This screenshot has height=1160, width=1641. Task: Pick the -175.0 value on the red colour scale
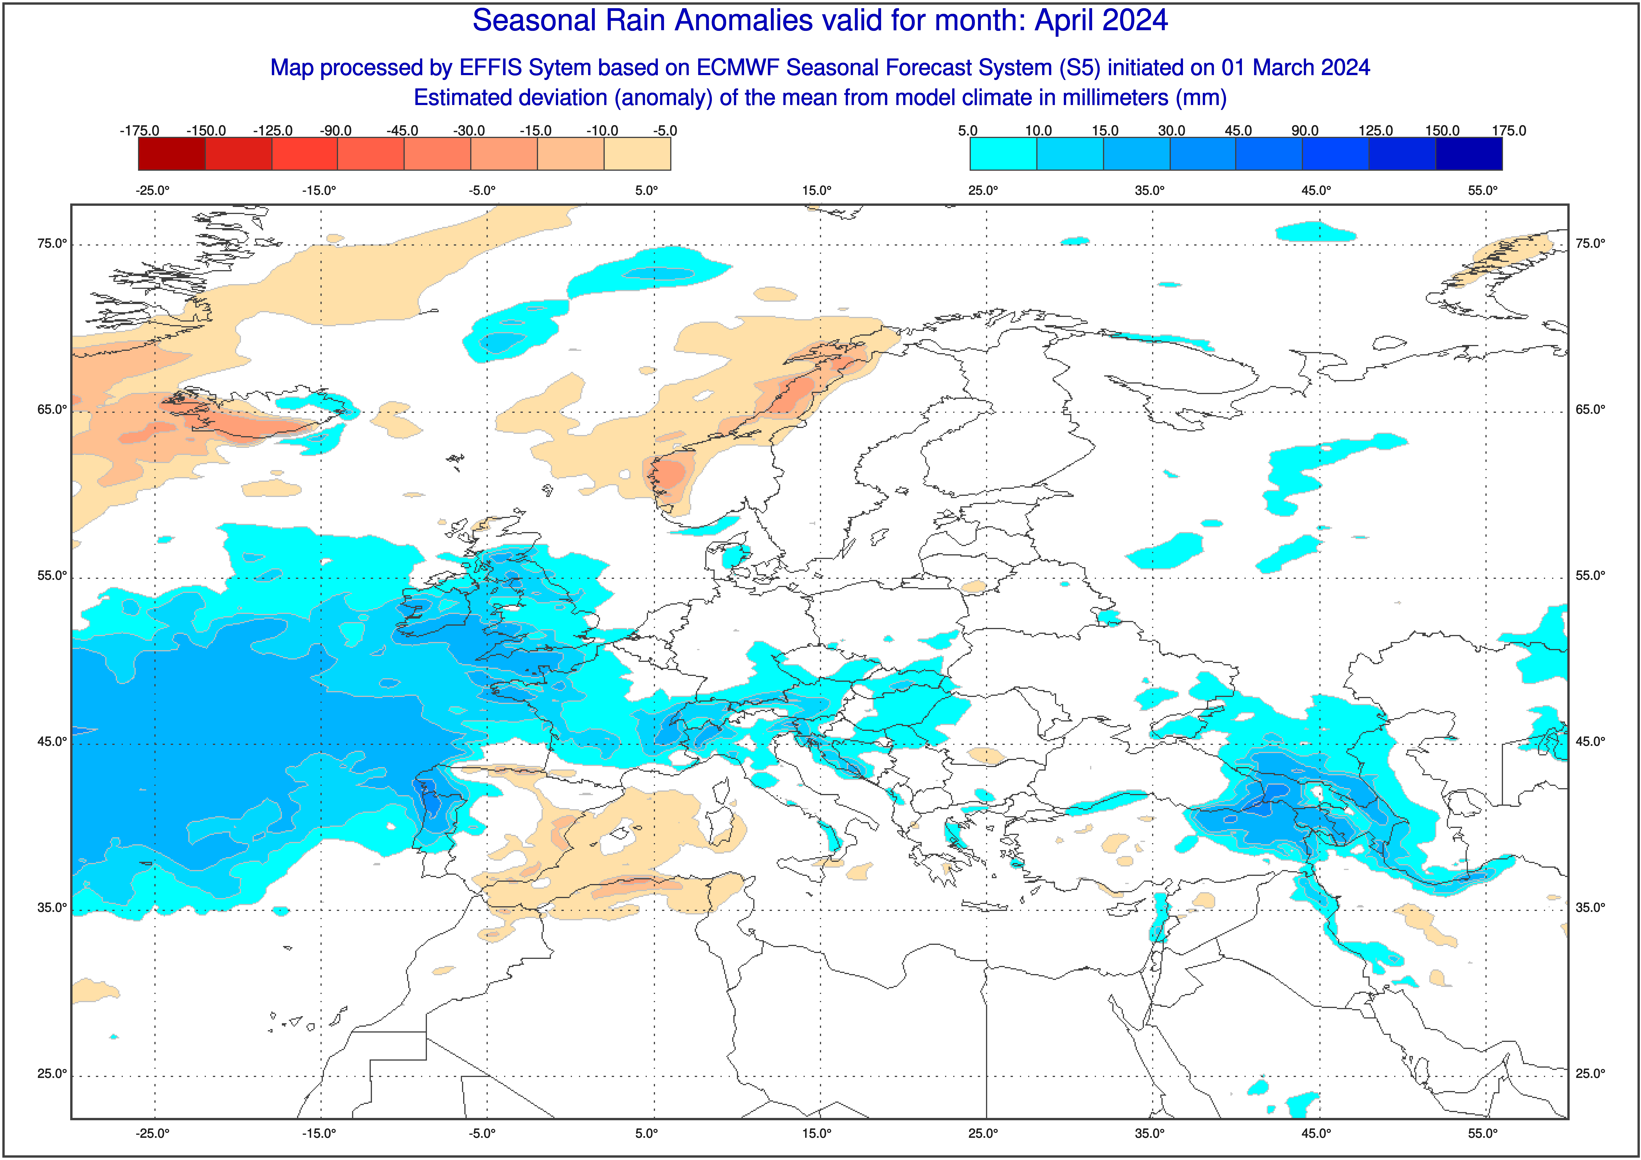pos(139,131)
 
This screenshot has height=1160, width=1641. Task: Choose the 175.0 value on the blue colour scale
pos(1509,131)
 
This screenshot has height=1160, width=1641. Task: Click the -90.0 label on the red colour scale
pos(335,131)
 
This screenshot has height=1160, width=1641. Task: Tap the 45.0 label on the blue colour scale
pos(1238,131)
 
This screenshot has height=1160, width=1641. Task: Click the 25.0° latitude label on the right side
pos(1590,1073)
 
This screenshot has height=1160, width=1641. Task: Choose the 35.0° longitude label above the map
pos(1150,191)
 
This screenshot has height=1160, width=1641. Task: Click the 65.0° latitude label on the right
pos(1590,410)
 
